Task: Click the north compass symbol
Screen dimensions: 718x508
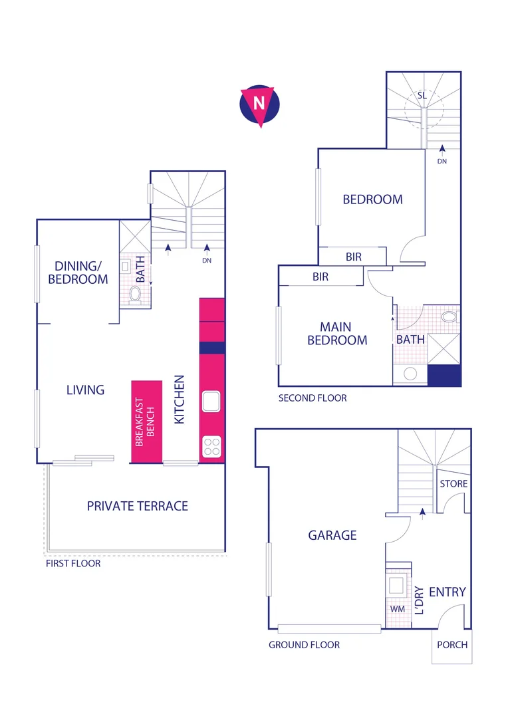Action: (x=259, y=105)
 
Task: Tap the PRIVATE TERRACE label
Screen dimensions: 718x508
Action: (x=138, y=506)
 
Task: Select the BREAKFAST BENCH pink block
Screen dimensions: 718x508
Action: (x=147, y=421)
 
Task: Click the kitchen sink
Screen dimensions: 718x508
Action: (x=211, y=402)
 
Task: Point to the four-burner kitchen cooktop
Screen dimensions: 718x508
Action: (x=211, y=445)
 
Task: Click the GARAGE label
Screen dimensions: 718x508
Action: (x=332, y=535)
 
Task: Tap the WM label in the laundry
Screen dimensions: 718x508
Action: (x=396, y=608)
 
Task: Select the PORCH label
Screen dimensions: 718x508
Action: (x=452, y=645)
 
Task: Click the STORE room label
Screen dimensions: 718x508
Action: (x=453, y=484)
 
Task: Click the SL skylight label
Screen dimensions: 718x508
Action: (x=422, y=96)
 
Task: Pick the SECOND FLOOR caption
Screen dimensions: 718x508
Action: (x=313, y=398)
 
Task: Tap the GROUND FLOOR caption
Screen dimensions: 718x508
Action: (x=304, y=645)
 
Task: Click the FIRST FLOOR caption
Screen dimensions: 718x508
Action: (x=73, y=564)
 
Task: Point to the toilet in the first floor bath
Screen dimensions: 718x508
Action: (x=136, y=295)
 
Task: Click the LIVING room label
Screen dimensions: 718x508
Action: (x=85, y=390)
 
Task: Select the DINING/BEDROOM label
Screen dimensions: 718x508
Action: (x=78, y=273)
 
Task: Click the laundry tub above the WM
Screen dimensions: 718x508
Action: (x=398, y=585)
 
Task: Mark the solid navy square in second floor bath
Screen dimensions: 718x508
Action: (x=444, y=376)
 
